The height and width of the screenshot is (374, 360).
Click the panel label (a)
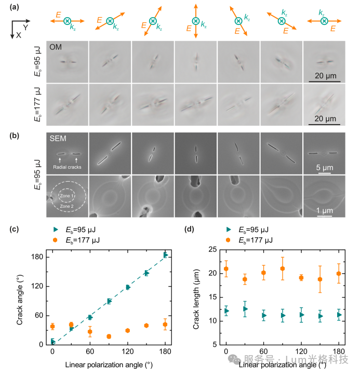[x=14, y=7]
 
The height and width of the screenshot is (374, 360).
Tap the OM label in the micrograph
[x=56, y=47]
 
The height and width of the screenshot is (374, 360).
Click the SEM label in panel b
[x=58, y=139]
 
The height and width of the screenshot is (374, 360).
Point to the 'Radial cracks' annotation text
[x=67, y=167]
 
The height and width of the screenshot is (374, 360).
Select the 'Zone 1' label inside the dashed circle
[x=66, y=196]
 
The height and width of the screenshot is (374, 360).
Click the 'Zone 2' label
[x=66, y=206]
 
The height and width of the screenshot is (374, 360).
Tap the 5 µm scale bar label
[x=325, y=167]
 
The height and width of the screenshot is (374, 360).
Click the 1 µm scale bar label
[x=325, y=210]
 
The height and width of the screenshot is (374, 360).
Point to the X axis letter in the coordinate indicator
[x=19, y=35]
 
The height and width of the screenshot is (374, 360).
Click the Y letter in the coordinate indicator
[x=26, y=28]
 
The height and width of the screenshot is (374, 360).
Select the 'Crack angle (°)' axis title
[x=20, y=300]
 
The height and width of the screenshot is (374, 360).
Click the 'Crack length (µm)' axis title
[x=196, y=299]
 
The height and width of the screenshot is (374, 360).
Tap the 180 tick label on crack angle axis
[x=37, y=257]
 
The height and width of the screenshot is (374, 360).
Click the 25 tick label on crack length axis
[x=213, y=249]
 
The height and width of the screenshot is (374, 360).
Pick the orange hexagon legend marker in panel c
[x=55, y=240]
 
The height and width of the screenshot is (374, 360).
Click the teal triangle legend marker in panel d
[x=229, y=230]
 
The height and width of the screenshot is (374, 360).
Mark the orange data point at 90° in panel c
[x=109, y=336]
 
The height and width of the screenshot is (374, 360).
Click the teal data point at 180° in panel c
[x=166, y=255]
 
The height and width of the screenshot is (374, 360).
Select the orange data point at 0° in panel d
[x=226, y=269]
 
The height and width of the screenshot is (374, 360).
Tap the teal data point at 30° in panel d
[x=245, y=309]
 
